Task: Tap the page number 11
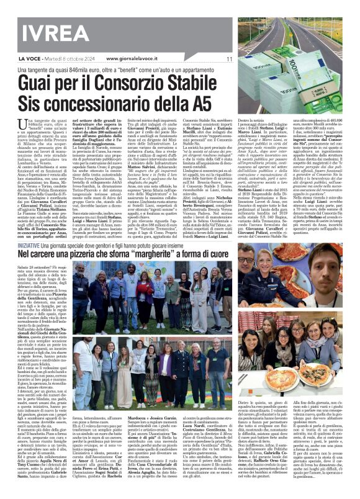click(229, 60)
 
